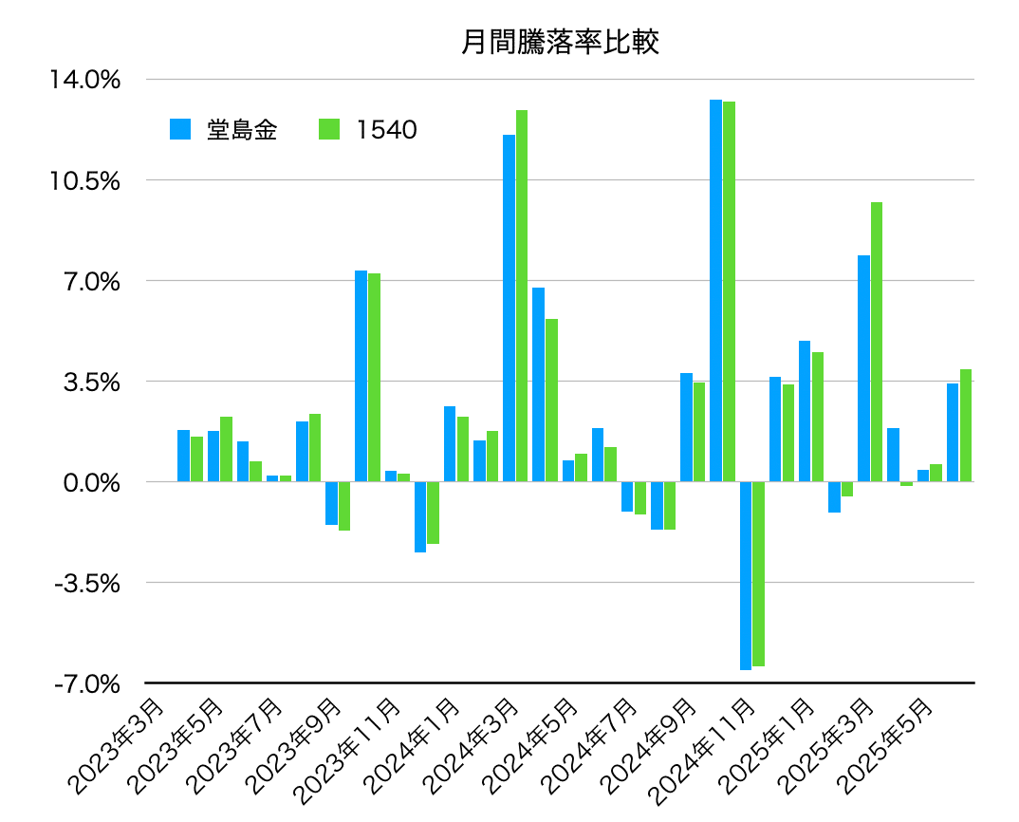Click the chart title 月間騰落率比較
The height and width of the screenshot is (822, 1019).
560,43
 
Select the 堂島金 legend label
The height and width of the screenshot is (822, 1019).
243,130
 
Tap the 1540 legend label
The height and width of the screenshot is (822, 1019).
387,130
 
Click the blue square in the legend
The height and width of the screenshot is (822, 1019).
180,130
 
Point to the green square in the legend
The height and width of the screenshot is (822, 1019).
329,130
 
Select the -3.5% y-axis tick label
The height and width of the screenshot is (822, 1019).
87,583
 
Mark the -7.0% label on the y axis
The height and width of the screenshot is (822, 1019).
87,683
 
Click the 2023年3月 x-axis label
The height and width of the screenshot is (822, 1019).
116,746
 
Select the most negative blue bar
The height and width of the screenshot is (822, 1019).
746,575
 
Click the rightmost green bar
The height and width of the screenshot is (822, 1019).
966,425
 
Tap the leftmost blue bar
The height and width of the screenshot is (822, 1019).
183,456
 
